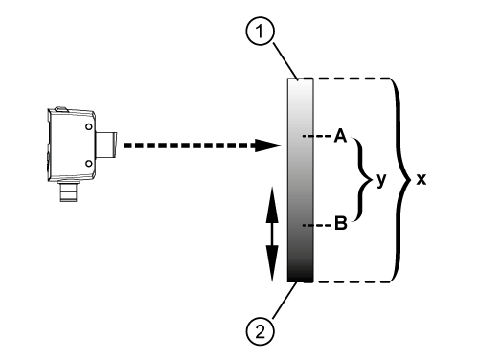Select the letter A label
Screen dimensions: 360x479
coord(339,137)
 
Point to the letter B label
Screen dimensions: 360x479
coord(339,227)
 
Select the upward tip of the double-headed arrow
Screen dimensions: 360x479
coord(270,191)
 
